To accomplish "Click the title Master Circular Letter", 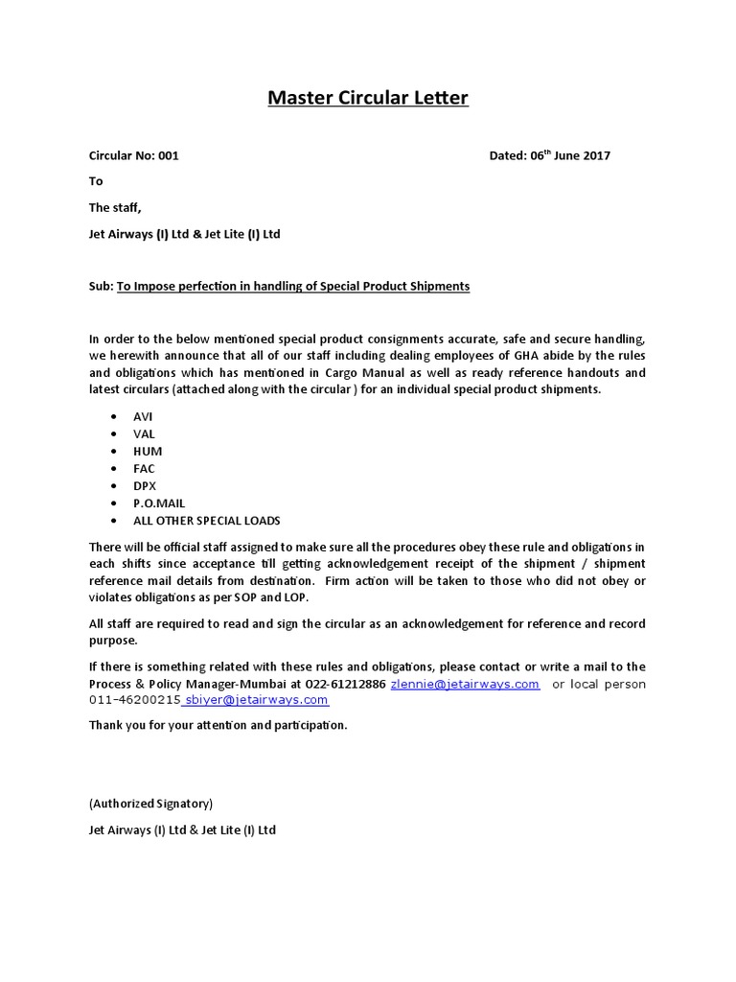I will [x=368, y=98].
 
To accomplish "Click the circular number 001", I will [x=168, y=155].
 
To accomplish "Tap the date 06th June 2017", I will [x=570, y=155].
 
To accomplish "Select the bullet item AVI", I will [x=144, y=416].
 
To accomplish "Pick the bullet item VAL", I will [x=144, y=433].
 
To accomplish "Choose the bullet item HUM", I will [x=149, y=451].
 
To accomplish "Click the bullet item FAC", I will [x=145, y=468].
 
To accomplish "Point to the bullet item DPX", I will [x=145, y=485].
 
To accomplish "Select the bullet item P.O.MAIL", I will [x=160, y=503].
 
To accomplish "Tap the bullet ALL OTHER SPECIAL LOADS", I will [x=207, y=520].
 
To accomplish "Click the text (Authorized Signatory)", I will [x=150, y=804].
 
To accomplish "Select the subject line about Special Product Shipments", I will [x=293, y=286].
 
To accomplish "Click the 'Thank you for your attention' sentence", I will [x=218, y=725].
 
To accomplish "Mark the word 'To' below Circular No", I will [x=96, y=181].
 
